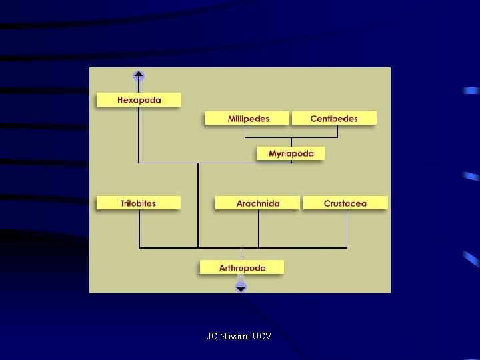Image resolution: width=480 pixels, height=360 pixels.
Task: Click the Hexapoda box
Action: (x=139, y=100)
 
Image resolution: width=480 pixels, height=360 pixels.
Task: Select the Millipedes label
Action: (x=248, y=119)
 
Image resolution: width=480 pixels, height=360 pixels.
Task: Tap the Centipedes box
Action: (x=334, y=119)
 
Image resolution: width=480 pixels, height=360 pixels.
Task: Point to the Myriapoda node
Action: (x=291, y=154)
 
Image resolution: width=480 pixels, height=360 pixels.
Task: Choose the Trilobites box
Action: (x=138, y=203)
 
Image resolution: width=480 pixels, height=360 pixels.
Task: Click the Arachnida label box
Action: (x=258, y=203)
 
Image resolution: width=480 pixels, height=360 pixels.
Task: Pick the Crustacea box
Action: (x=345, y=203)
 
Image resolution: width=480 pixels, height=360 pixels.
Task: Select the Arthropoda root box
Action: (x=242, y=268)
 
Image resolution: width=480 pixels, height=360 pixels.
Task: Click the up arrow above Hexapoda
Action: (x=139, y=75)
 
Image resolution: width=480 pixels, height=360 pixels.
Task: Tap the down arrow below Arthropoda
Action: (x=241, y=287)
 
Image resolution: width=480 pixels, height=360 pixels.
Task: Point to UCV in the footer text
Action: (x=262, y=337)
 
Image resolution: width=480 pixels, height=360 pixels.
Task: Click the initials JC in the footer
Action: (x=212, y=337)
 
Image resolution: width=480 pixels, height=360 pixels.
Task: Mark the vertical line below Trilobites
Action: (x=139, y=229)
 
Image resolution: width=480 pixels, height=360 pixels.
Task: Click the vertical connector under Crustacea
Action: (x=347, y=229)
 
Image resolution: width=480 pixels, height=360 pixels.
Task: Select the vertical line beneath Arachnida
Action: (x=259, y=229)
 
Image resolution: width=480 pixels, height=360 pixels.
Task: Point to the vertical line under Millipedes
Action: (x=245, y=131)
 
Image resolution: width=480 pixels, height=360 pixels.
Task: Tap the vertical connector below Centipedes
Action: (x=337, y=131)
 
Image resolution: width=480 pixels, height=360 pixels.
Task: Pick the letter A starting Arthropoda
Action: (x=223, y=268)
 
